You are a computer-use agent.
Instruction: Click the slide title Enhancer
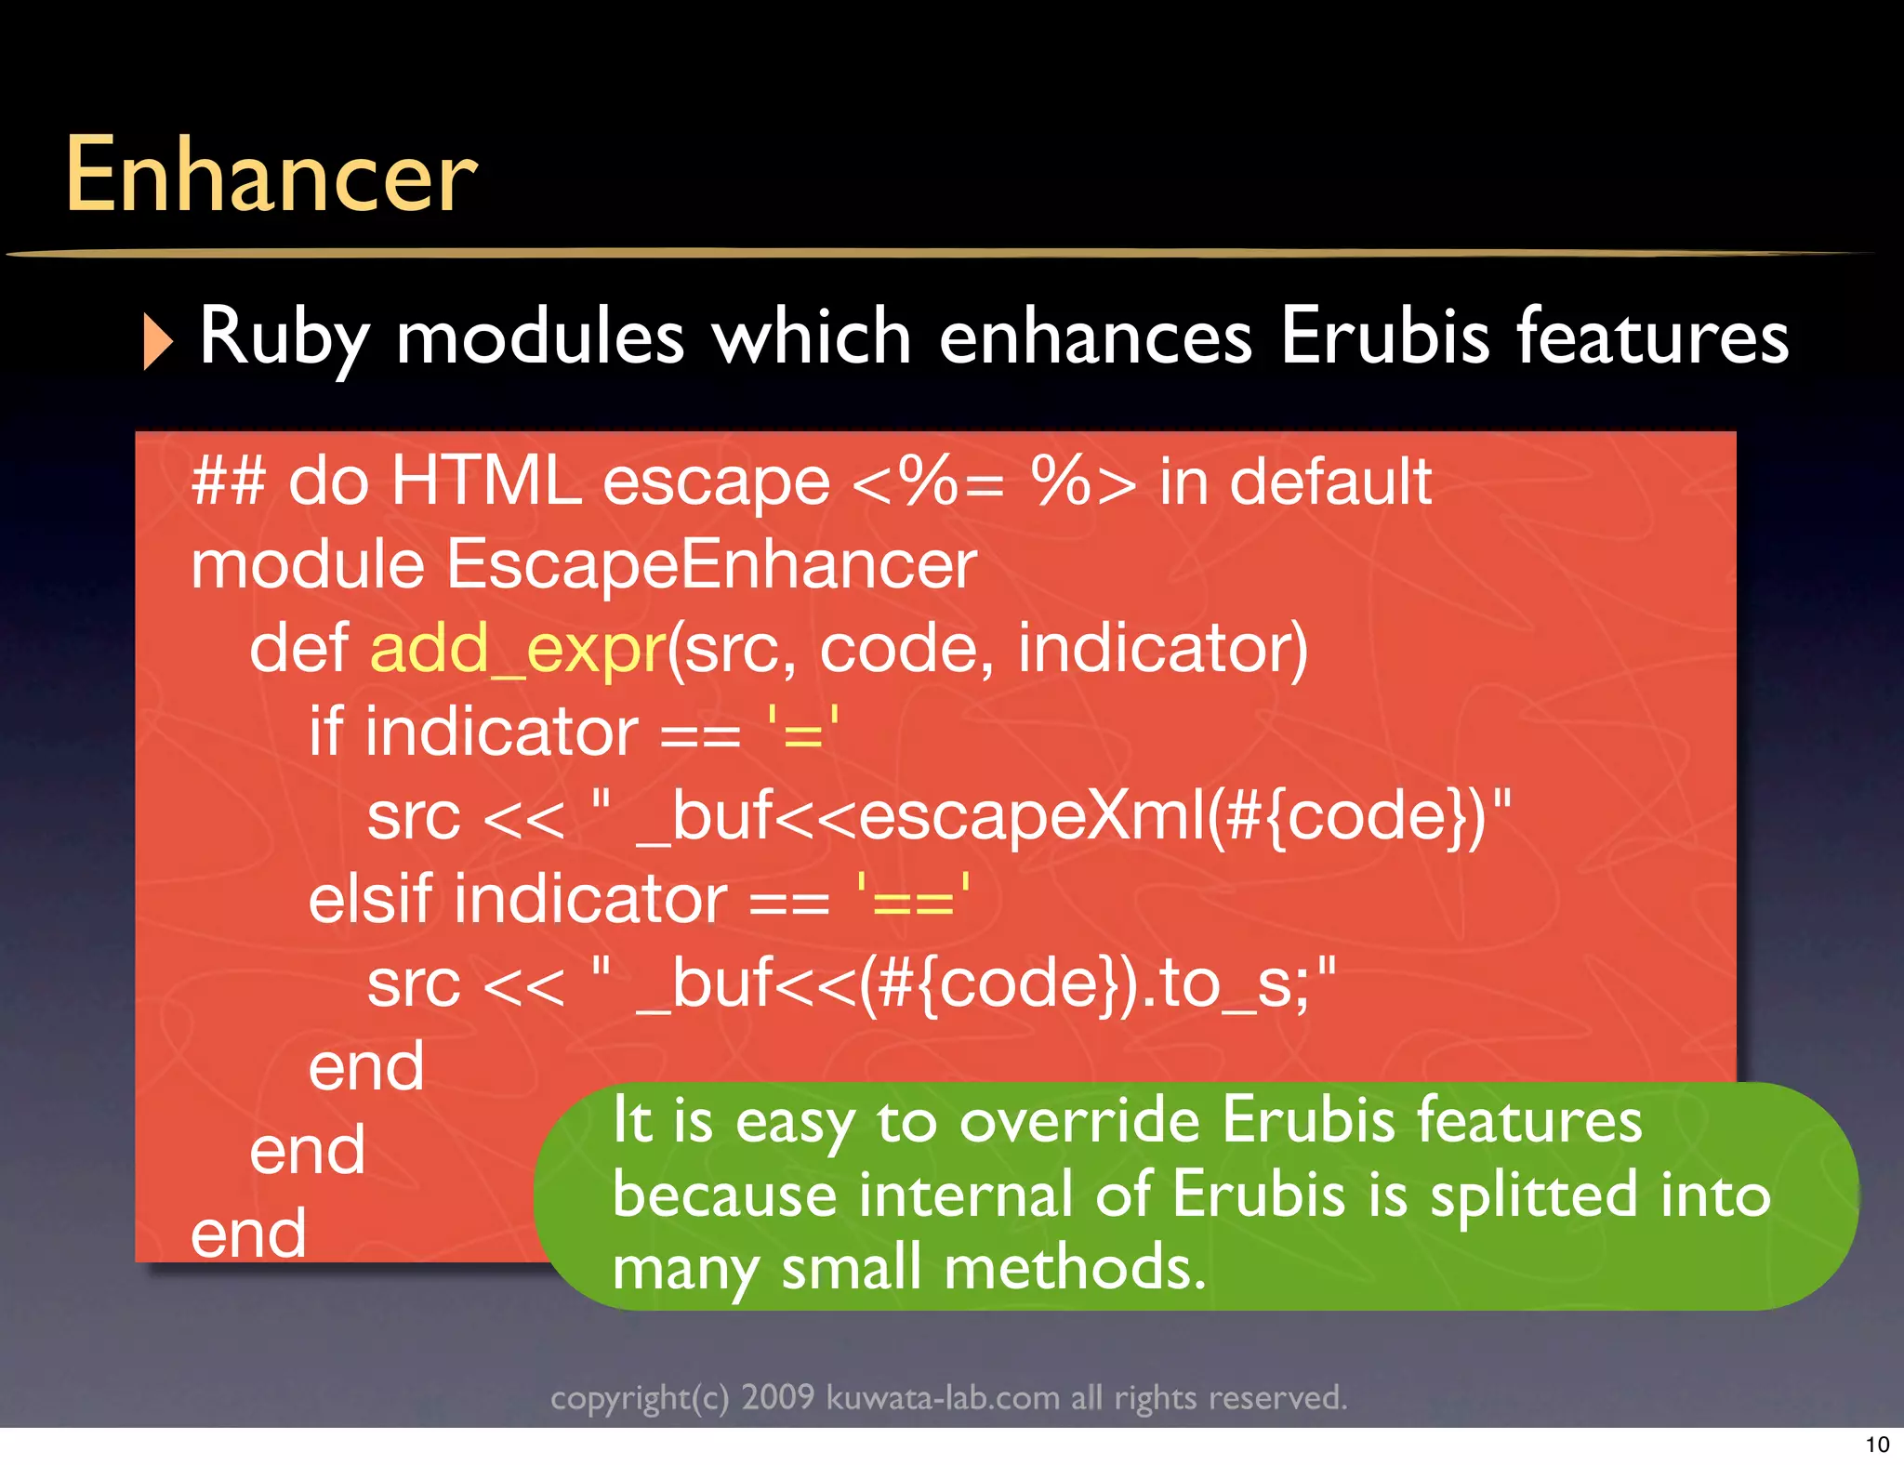270,176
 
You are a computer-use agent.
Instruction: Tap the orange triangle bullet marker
158,341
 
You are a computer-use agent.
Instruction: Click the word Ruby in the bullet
284,337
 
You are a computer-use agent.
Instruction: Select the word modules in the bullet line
540,337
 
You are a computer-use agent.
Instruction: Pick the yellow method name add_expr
518,648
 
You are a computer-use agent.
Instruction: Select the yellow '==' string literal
913,899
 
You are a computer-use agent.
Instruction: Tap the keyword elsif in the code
370,899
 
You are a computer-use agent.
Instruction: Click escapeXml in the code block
1031,815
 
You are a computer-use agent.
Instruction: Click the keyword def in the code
298,648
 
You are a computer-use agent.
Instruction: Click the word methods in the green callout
1074,1268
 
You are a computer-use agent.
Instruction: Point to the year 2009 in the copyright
777,1398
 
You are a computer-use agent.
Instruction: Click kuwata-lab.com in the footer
943,1398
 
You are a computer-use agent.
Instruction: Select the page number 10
1877,1445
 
